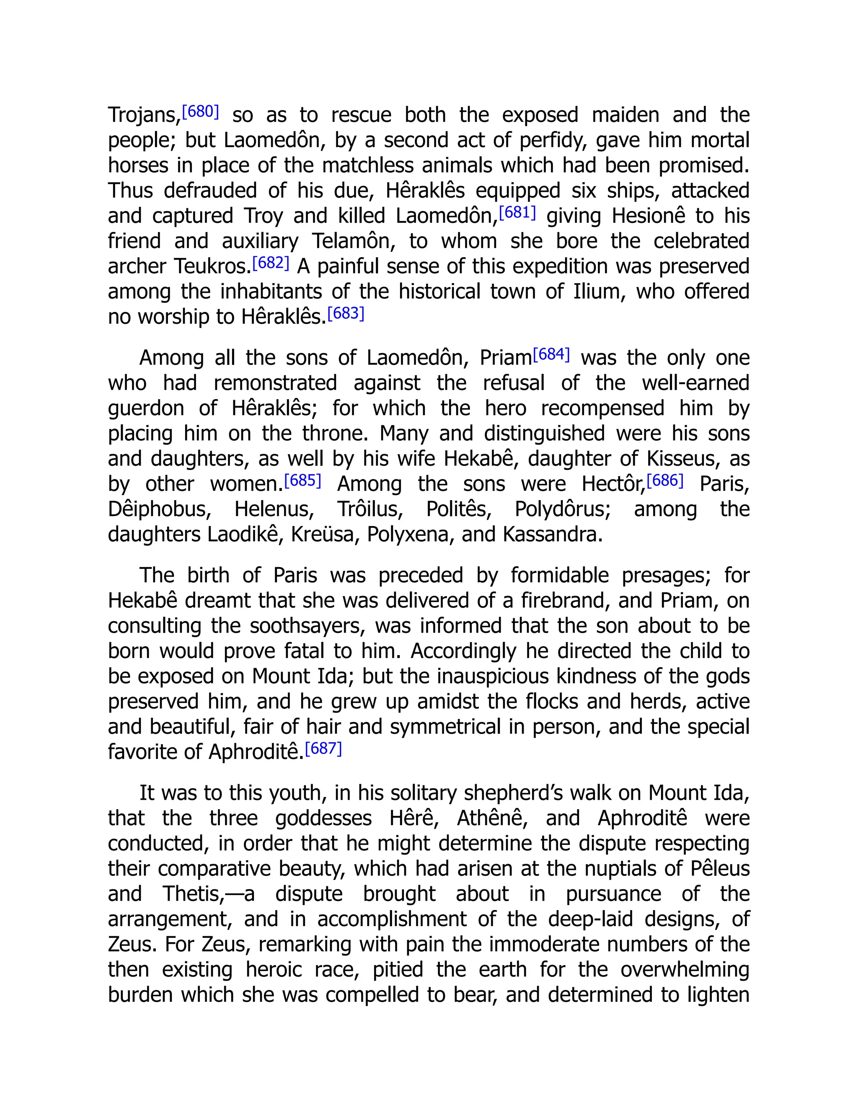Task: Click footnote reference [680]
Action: click(x=200, y=111)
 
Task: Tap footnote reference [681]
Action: click(x=517, y=212)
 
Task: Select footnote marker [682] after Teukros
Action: click(x=271, y=262)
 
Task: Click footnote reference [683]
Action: click(x=346, y=313)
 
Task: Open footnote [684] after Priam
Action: click(x=551, y=354)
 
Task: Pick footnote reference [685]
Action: click(x=303, y=480)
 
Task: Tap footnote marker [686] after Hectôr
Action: click(x=665, y=480)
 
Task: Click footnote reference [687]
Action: click(x=323, y=748)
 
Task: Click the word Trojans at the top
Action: click(x=144, y=115)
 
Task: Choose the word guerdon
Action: click(x=146, y=408)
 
